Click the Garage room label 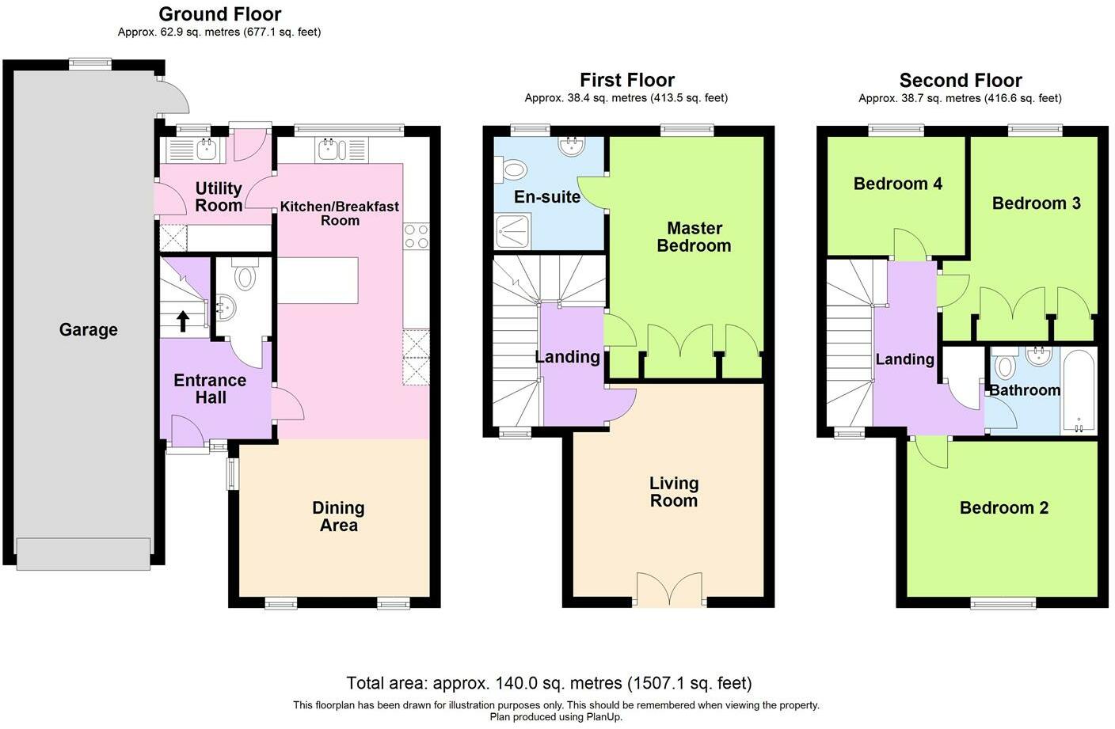pos(89,329)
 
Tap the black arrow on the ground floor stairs pos(183,321)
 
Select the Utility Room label pos(219,196)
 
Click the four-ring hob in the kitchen pos(417,237)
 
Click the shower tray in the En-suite pos(512,231)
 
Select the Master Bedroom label pos(694,237)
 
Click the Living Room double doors pos(669,590)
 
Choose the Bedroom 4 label pos(898,184)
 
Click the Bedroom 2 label pos(1004,507)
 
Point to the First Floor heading pos(627,80)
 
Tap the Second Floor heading pos(961,80)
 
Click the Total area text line pos(549,683)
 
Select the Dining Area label pos(338,517)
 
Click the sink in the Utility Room pos(206,148)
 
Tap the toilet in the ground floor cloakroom pos(245,274)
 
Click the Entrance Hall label pos(210,389)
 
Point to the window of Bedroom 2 pos(1003,604)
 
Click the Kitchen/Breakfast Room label pos(340,213)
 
